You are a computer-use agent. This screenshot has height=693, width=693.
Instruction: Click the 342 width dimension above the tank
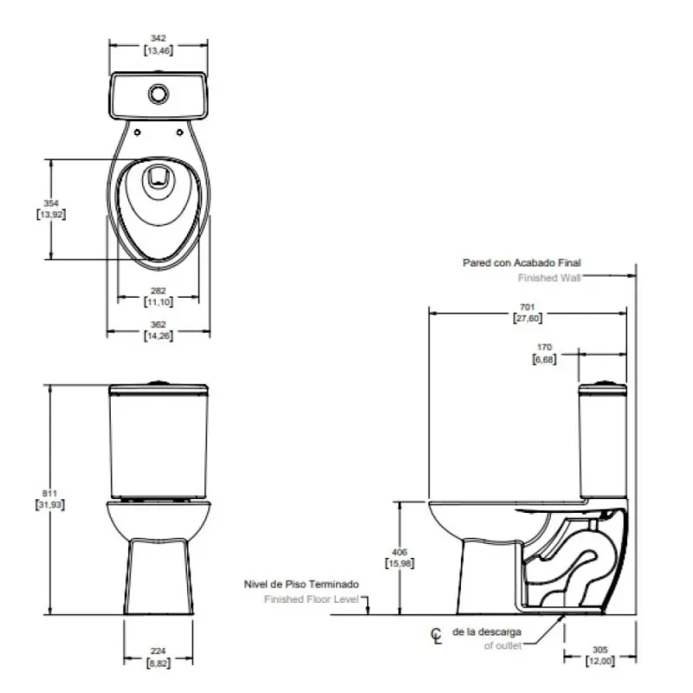point(158,39)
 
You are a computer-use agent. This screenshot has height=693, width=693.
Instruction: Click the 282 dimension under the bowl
point(158,291)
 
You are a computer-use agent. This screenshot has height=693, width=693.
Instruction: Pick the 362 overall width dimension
point(158,324)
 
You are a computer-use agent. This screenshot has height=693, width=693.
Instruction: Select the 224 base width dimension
point(157,652)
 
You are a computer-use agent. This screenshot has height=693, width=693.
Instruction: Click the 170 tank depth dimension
point(544,347)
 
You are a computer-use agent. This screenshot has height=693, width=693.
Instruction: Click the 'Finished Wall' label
point(549,278)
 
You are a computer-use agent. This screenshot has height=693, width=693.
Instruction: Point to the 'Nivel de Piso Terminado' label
point(301,585)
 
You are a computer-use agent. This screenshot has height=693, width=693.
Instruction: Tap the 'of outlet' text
point(502,646)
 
